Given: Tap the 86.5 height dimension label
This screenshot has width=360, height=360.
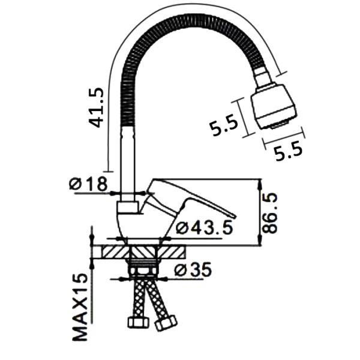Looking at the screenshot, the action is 270,213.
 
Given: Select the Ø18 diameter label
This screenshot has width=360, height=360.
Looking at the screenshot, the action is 88,184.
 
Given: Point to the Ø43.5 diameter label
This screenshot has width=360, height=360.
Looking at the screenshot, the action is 204,227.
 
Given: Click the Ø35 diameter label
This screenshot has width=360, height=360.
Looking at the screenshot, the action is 193,269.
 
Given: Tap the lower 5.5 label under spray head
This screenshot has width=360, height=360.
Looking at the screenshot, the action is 289,151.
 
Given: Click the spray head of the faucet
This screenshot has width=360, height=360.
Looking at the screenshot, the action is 273,107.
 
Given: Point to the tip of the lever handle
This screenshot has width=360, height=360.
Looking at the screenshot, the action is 235,217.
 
